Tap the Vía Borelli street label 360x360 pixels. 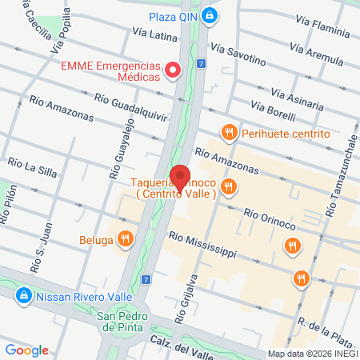(273, 109)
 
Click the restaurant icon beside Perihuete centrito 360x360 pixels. (230, 133)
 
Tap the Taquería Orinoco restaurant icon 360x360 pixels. (230, 187)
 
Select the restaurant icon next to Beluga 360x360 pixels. (125, 238)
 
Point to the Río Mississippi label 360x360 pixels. (202, 245)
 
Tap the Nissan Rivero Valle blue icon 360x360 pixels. (25, 295)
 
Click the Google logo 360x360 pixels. (26, 350)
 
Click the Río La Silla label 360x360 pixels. (31, 166)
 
